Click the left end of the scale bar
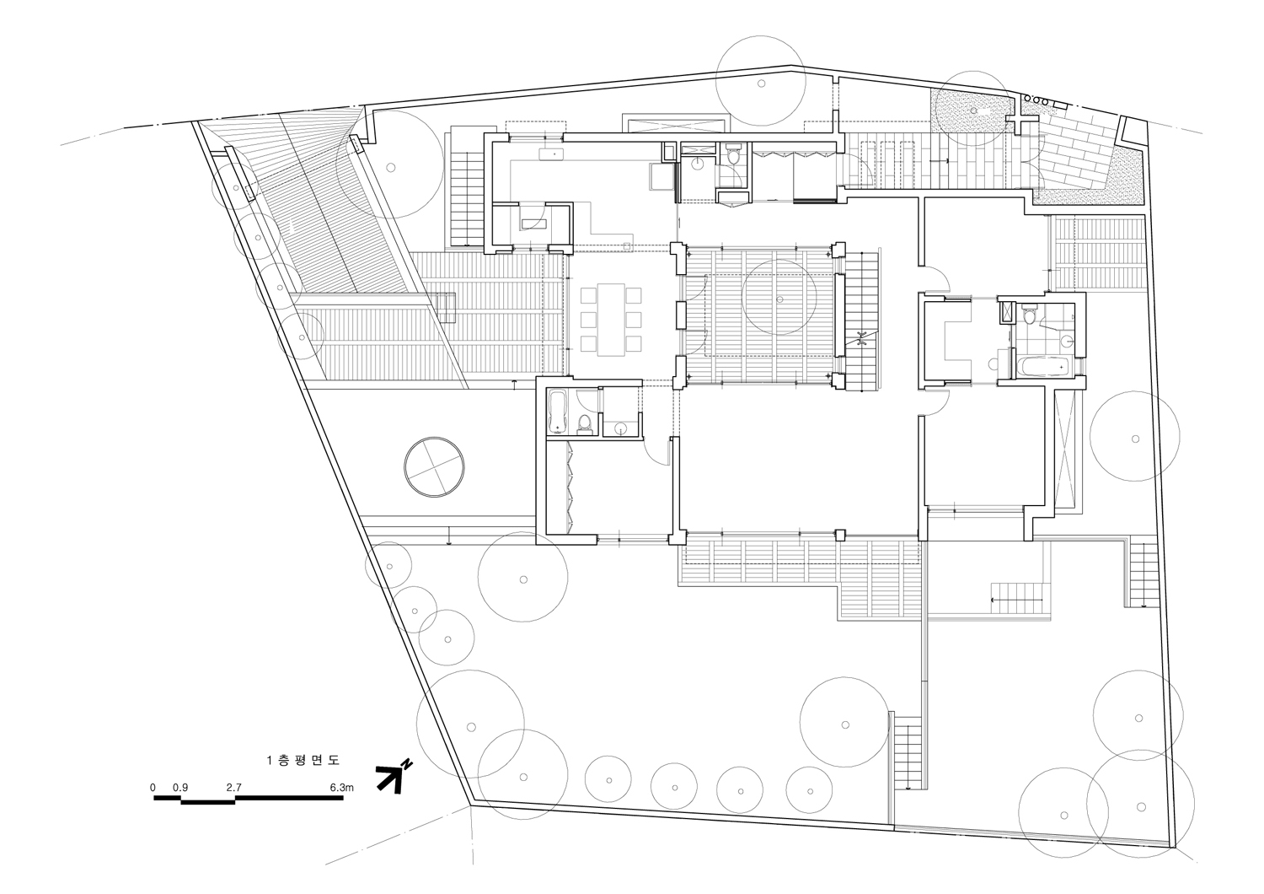pos(154,798)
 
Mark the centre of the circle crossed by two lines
pos(435,467)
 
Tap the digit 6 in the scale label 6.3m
pos(333,787)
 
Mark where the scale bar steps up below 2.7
pos(235,800)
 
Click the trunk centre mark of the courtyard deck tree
pos(779,299)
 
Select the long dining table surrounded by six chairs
pos(611,320)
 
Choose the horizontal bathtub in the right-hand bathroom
pos(1042,367)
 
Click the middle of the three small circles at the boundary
pos(1036,101)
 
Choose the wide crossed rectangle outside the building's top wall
pos(674,124)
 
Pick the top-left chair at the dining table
pos(588,295)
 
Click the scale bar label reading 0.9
pos(180,787)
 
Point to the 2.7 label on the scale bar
pos(234,787)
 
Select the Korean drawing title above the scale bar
pos(303,760)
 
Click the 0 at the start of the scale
pos(153,787)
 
